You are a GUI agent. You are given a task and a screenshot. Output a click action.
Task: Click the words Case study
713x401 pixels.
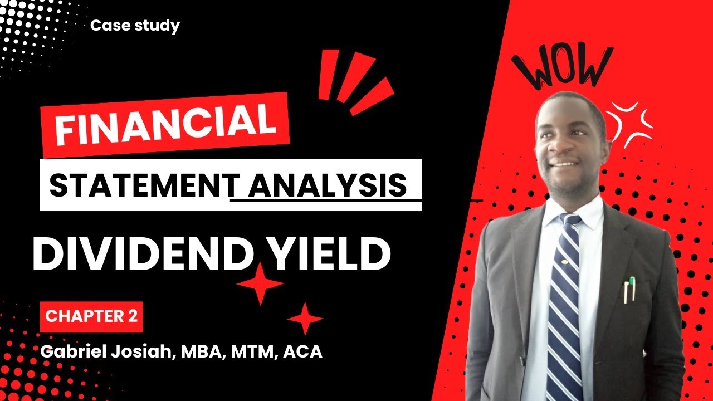[x=135, y=26]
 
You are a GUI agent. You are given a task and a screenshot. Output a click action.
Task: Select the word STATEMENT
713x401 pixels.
[x=139, y=185]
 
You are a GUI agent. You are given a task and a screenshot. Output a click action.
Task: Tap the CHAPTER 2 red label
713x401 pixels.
[x=91, y=316]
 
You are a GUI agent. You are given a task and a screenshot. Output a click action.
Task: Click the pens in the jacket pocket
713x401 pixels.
[x=629, y=290]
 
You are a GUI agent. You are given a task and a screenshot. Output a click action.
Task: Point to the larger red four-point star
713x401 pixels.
[x=260, y=284]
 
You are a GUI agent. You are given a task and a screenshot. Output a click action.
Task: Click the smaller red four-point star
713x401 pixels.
[x=305, y=319]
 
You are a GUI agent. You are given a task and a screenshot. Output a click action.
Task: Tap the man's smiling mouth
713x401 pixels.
[x=564, y=165]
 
